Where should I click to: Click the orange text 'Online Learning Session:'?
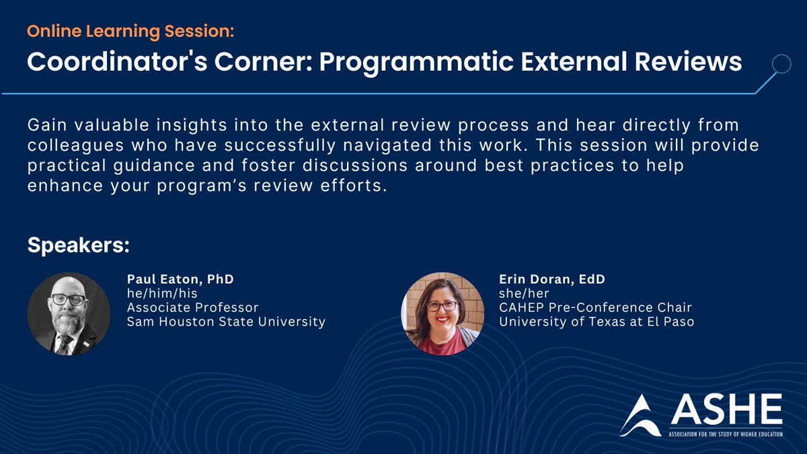coord(131,31)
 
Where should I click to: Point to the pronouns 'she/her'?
coord(524,293)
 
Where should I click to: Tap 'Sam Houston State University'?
coord(226,322)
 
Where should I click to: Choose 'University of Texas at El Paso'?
coord(596,322)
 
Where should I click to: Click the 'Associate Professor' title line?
coord(193,307)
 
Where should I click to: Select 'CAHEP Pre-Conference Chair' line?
coord(595,307)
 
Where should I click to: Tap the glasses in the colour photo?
coord(442,306)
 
